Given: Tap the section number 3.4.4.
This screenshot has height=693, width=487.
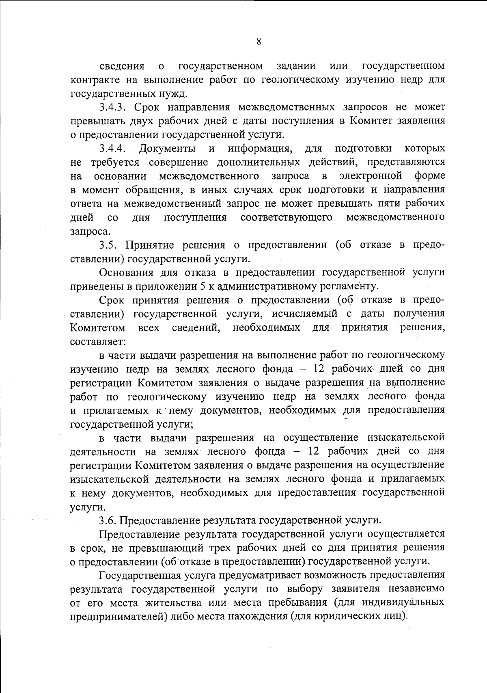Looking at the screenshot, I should click(114, 148).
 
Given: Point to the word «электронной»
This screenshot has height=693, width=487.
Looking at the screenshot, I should click(371, 176).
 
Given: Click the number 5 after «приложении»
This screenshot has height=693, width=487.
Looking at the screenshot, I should click(203, 286).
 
